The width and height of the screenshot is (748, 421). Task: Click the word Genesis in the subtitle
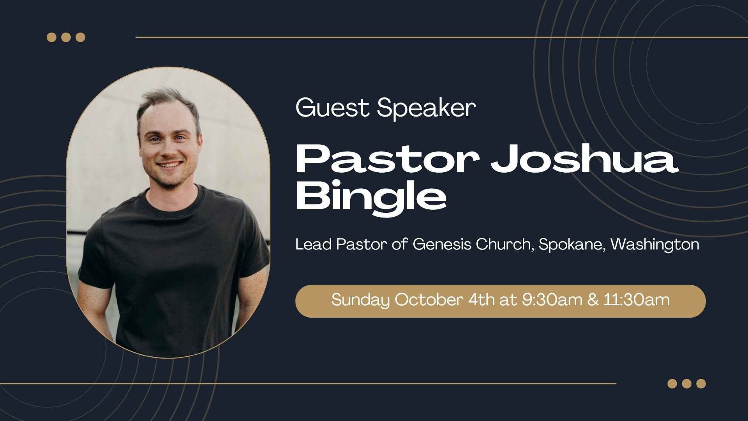(442, 244)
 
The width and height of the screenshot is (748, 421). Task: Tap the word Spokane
(572, 245)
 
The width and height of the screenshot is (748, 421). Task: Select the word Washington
(655, 245)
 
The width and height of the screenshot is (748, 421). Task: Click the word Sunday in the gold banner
(360, 300)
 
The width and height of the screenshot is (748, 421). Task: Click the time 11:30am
(637, 300)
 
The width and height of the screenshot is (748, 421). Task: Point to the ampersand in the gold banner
(593, 300)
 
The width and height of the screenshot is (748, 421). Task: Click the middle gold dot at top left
(66, 37)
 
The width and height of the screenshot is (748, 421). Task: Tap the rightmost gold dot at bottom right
(701, 384)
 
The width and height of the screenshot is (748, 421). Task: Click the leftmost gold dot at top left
(51, 37)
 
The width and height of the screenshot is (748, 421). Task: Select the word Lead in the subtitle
(313, 244)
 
